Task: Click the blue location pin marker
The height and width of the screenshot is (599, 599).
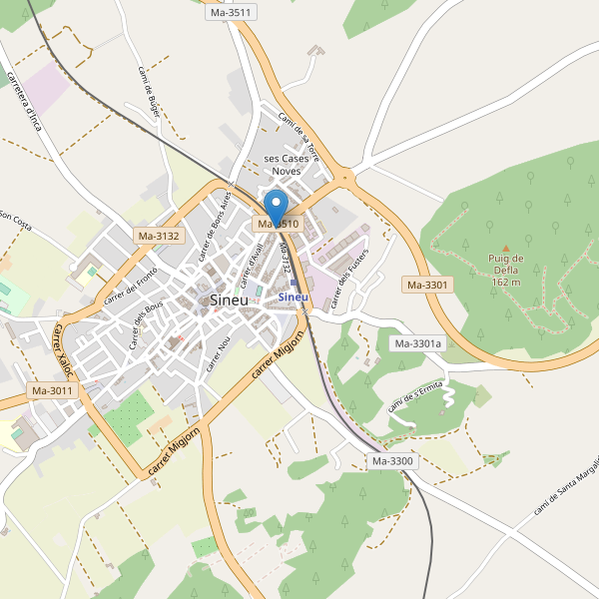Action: (x=278, y=205)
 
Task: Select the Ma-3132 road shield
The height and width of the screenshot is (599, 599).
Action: (x=159, y=236)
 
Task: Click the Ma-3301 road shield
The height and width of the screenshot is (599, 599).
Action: (x=428, y=285)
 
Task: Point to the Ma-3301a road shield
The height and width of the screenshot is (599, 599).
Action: (x=417, y=344)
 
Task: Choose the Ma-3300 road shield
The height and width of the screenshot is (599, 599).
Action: (x=392, y=461)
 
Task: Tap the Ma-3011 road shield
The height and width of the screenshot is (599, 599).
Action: (x=52, y=390)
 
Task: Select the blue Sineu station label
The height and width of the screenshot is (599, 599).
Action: (x=294, y=297)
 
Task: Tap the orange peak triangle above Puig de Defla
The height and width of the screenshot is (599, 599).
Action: (x=505, y=248)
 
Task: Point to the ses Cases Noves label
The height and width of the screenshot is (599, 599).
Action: (x=287, y=165)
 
